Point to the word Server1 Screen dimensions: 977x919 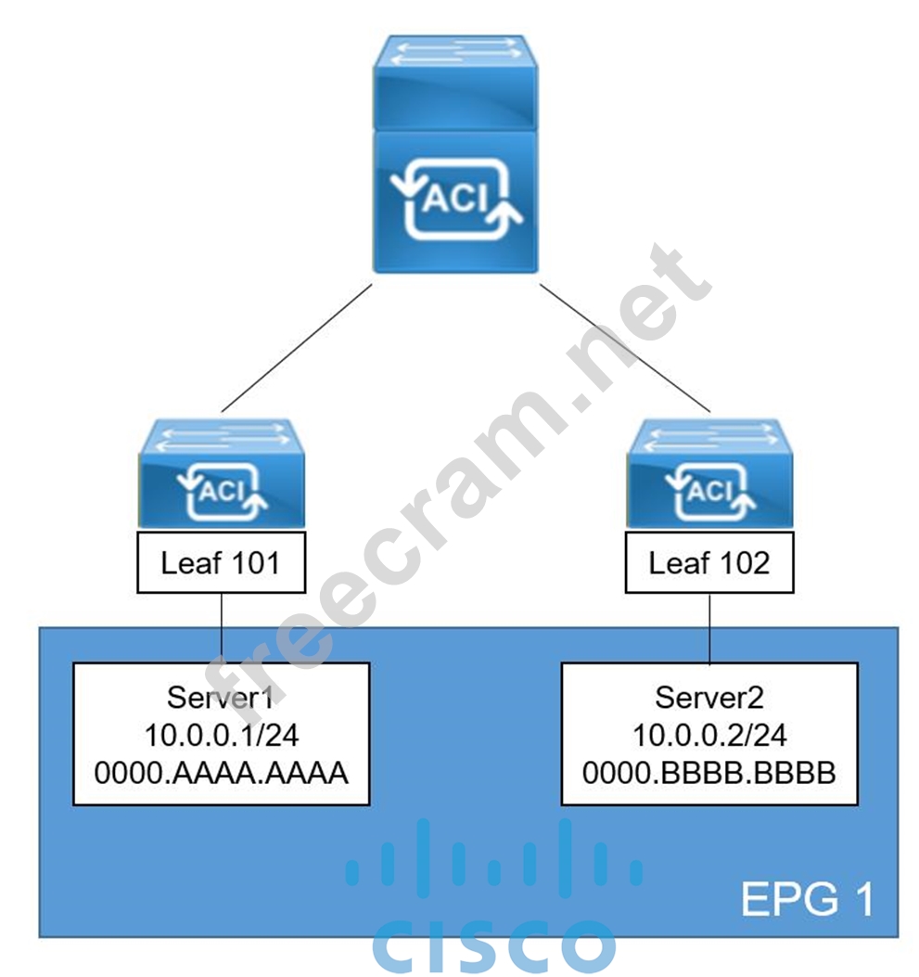click(x=221, y=697)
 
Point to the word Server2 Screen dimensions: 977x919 click(x=709, y=697)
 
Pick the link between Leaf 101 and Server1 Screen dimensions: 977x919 click(x=221, y=627)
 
